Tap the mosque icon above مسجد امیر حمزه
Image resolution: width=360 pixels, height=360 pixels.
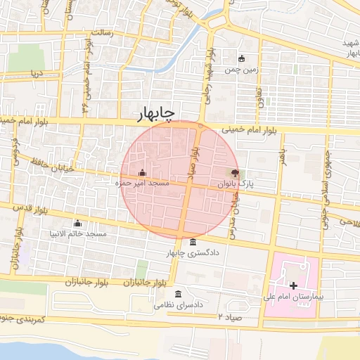pos(143,172)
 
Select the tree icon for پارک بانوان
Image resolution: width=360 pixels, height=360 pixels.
pos(234,173)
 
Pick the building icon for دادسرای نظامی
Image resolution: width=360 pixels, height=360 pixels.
pos(179,294)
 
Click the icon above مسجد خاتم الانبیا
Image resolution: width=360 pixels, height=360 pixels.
pos(77,223)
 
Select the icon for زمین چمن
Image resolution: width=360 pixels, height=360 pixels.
pos(243,59)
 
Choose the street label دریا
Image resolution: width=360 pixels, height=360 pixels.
pos(36,73)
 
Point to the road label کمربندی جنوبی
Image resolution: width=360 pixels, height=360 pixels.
pos(21,321)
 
